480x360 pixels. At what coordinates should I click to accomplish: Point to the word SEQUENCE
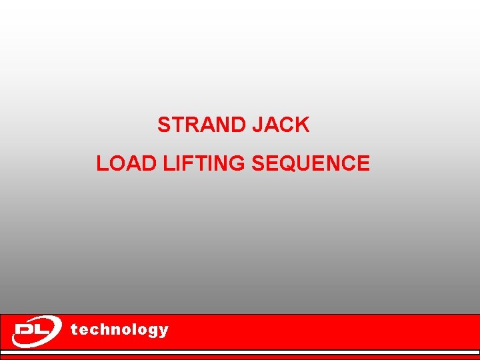click(x=311, y=163)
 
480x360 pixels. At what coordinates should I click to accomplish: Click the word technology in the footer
click(x=119, y=329)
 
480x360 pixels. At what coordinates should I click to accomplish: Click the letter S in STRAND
click(x=163, y=125)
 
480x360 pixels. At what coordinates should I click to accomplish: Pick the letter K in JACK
click(x=303, y=125)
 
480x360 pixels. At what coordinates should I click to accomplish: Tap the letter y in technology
click(x=164, y=331)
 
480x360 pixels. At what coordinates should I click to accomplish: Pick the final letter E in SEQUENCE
click(x=363, y=163)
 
